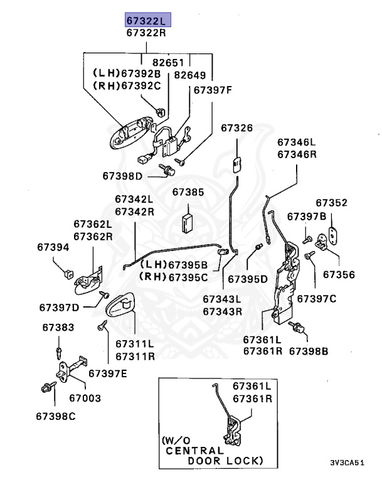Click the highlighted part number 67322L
[x=147, y=20]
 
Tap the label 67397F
[x=213, y=90]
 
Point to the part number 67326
[x=236, y=128]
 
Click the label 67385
[x=188, y=191]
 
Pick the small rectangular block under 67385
[x=189, y=222]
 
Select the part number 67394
[x=53, y=247]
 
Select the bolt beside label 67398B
[x=302, y=328]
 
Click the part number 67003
[x=85, y=398]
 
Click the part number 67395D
[x=247, y=278]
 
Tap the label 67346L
[x=297, y=142]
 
